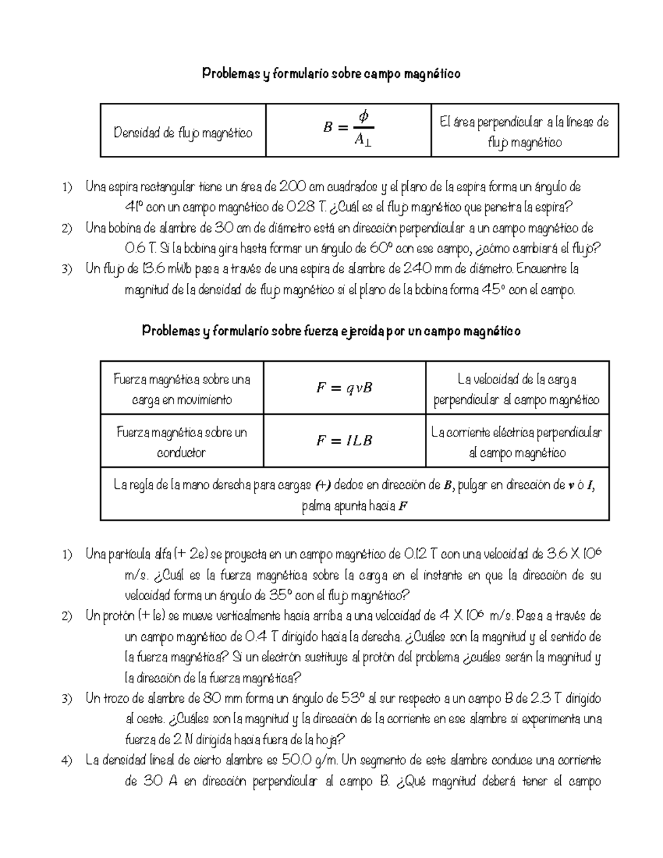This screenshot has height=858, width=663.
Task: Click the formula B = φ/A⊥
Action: [348, 129]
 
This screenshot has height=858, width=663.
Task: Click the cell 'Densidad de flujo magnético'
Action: [183, 133]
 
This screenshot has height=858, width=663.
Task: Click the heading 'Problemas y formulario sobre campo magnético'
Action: [331, 73]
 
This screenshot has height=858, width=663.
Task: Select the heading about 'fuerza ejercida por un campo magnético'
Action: [331, 331]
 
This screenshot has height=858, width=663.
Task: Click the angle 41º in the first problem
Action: [134, 208]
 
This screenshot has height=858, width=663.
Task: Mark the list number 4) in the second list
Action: [67, 761]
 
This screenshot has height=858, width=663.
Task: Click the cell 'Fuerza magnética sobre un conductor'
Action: [182, 442]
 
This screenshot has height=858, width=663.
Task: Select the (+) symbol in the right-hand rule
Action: [323, 486]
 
